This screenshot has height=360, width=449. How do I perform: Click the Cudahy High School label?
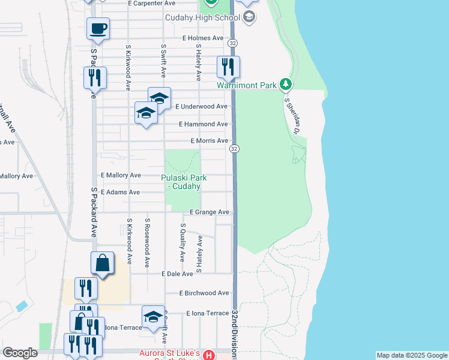pos(202,17)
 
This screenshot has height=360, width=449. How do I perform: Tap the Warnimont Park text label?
pos(247,85)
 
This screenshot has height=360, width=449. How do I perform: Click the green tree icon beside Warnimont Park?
pos(287,85)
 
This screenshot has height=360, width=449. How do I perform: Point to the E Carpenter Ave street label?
pos(155,3)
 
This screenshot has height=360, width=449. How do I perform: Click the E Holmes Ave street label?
pos(203,38)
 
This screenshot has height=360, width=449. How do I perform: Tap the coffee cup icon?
pos(98,28)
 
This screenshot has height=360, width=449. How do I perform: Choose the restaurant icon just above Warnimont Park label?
pos(228,65)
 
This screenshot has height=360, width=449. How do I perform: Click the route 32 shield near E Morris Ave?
pos(234,149)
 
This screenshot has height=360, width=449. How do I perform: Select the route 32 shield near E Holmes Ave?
pos(233,43)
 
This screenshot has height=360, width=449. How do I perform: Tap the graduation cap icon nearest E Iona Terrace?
pos(153,317)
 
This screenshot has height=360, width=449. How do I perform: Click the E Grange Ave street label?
pos(209,212)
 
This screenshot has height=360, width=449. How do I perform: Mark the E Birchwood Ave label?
pos(204,293)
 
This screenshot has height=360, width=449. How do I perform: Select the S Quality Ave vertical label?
pos(183,242)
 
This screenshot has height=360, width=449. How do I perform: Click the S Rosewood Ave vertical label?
pos(146,242)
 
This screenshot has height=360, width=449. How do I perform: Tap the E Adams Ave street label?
pos(120,193)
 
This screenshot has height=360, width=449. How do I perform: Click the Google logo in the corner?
pos(20,353)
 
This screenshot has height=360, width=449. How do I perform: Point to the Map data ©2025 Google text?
pos(412,355)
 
